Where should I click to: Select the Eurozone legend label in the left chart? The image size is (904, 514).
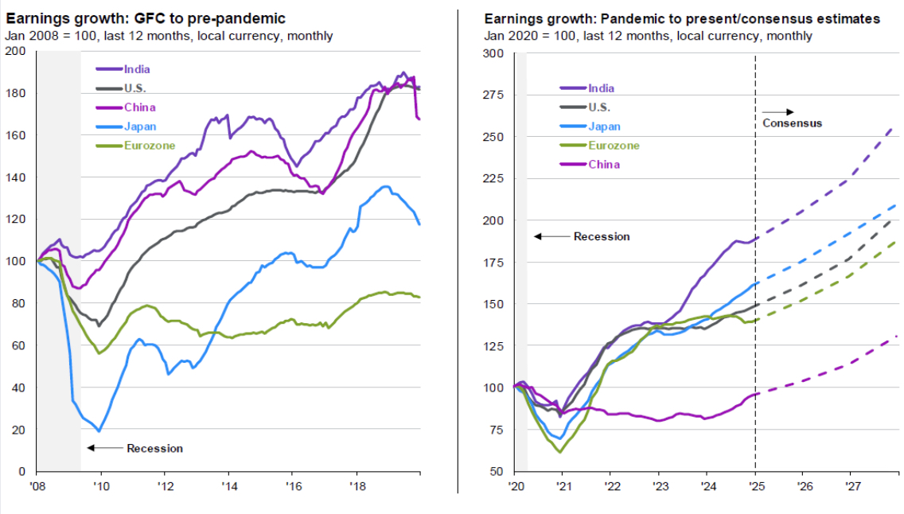150,146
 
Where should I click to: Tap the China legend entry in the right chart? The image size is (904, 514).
603,165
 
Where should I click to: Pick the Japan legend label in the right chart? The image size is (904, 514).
604,127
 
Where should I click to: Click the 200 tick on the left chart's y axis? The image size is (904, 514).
16,52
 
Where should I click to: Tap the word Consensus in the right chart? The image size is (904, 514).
792,123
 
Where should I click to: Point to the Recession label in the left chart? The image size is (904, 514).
154,449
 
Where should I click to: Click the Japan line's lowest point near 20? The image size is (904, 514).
99,430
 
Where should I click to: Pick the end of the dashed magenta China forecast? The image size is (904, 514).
896,336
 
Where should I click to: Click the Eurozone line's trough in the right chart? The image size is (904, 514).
560,452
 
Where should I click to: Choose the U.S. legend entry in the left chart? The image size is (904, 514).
132,88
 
